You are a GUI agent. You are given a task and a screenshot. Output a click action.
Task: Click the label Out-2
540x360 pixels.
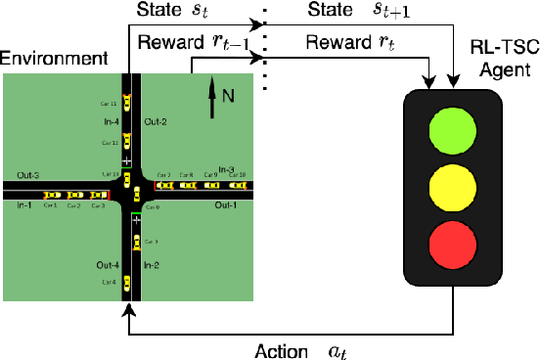[x=156, y=121]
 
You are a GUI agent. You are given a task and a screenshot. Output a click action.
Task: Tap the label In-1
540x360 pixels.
[x=24, y=204]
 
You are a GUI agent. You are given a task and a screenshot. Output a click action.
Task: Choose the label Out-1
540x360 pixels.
[x=227, y=204]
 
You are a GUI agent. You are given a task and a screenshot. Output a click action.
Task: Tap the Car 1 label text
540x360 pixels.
[x=49, y=205]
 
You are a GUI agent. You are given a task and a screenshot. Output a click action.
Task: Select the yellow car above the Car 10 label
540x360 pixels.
[x=236, y=184]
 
